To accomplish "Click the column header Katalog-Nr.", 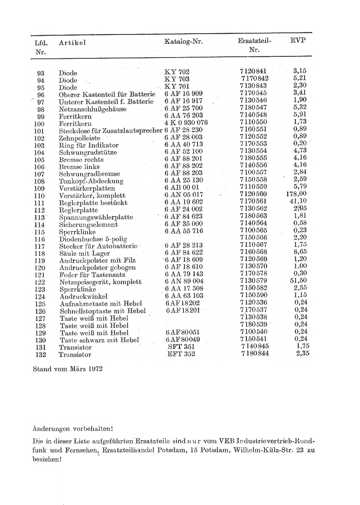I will [x=183, y=41].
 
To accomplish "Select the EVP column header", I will [x=298, y=40].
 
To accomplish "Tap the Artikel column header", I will [x=72, y=43].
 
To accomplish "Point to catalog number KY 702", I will [x=177, y=72].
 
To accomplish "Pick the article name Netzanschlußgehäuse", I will [x=92, y=109].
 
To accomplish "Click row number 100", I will [x=39, y=124].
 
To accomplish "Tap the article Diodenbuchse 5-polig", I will [x=93, y=239].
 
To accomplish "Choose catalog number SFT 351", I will [x=181, y=347].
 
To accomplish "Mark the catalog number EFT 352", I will [x=181, y=354].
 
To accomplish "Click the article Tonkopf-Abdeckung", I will [x=91, y=181].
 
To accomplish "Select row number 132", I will [x=40, y=355].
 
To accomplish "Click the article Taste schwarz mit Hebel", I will [x=99, y=340].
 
